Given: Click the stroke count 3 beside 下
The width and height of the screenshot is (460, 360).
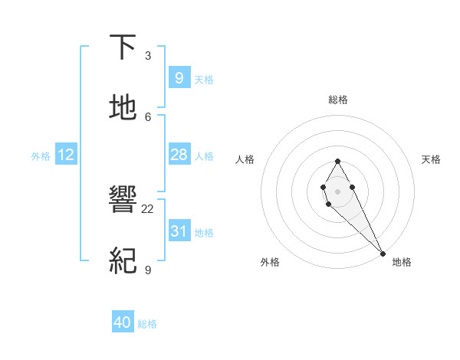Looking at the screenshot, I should [148, 56].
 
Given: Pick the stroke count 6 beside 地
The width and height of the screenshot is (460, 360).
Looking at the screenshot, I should [148, 116].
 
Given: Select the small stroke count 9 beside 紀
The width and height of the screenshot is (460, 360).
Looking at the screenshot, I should [148, 270].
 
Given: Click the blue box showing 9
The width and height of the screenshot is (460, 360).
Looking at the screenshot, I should [179, 78].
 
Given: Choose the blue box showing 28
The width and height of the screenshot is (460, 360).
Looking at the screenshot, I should [179, 155].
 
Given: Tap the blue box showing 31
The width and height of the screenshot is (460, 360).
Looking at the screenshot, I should [179, 231].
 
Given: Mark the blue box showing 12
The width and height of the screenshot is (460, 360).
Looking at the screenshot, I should [66, 155].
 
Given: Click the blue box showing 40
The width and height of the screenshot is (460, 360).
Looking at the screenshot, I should [123, 322].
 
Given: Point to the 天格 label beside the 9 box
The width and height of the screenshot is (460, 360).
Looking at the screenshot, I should [204, 80].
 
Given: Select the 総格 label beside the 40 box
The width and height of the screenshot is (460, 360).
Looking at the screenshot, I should [147, 324].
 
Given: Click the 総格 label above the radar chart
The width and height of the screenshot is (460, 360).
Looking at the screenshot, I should [337, 100].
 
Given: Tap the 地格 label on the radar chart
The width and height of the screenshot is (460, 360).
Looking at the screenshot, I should [402, 262].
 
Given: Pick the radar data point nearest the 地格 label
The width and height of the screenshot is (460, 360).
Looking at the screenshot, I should [383, 253].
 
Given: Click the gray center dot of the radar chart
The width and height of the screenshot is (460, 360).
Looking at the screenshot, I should [337, 190].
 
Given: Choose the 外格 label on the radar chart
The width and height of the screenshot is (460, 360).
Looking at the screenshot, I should [270, 262].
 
